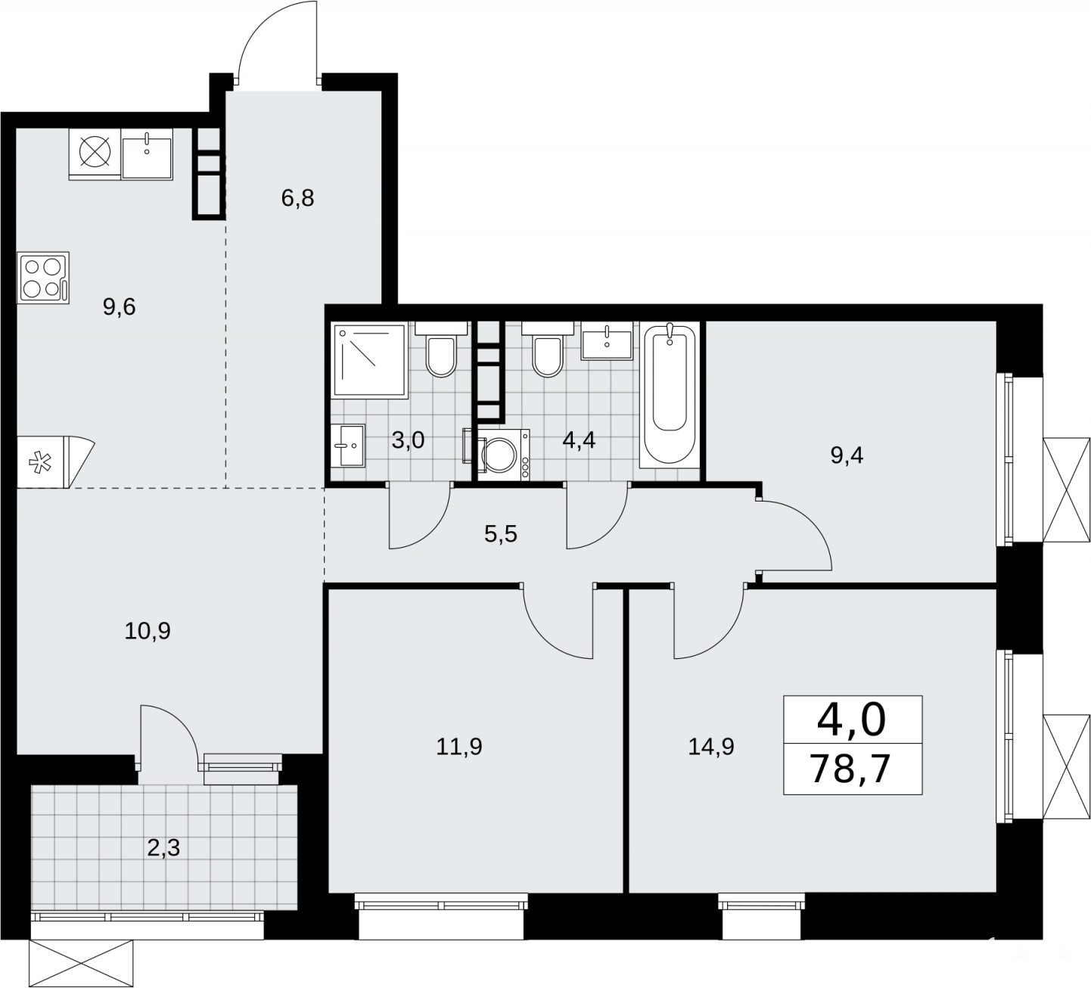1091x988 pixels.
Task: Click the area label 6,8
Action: point(297,198)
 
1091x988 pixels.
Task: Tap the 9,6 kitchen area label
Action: point(119,307)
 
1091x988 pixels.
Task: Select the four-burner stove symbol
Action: point(43,278)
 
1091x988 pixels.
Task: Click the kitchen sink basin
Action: point(147,158)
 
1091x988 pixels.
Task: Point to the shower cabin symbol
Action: point(370,359)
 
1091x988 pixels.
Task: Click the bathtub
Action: point(670,393)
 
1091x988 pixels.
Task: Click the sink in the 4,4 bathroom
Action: point(607,340)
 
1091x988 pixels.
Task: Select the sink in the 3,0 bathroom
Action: point(347,446)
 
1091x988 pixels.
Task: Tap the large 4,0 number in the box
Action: point(852,719)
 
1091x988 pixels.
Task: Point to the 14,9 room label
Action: point(711,747)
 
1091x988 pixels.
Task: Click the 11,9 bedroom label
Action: point(459,747)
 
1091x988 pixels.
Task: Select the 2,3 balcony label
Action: point(163,847)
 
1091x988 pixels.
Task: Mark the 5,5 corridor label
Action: point(500,534)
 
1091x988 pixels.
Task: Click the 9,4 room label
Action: point(847,456)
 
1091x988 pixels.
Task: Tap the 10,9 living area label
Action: point(148,631)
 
